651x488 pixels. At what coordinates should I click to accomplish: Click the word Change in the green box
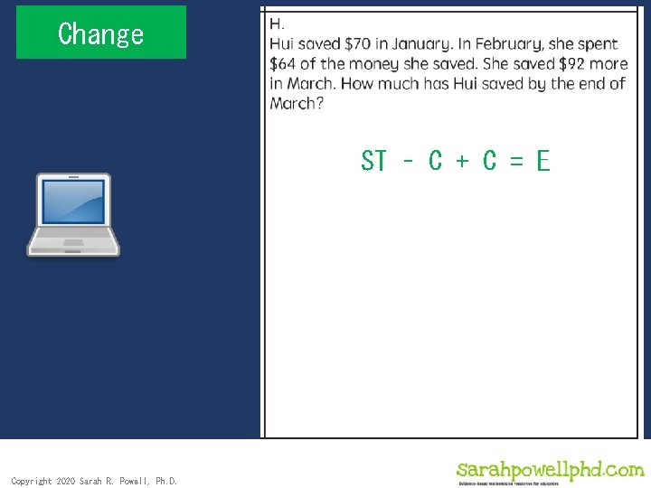tap(100, 33)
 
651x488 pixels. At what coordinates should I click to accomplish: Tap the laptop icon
tap(73, 215)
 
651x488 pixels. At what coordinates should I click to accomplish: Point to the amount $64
tap(285, 63)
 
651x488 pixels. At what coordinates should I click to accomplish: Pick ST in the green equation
tap(373, 161)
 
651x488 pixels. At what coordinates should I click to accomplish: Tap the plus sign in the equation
tap(462, 161)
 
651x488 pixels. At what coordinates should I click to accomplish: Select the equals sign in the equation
tap(516, 161)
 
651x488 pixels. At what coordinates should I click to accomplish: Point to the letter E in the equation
tap(542, 161)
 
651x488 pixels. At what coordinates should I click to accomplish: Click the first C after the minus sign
tap(435, 161)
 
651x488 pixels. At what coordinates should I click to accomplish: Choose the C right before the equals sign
tap(489, 161)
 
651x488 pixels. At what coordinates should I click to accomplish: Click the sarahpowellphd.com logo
tap(550, 471)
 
